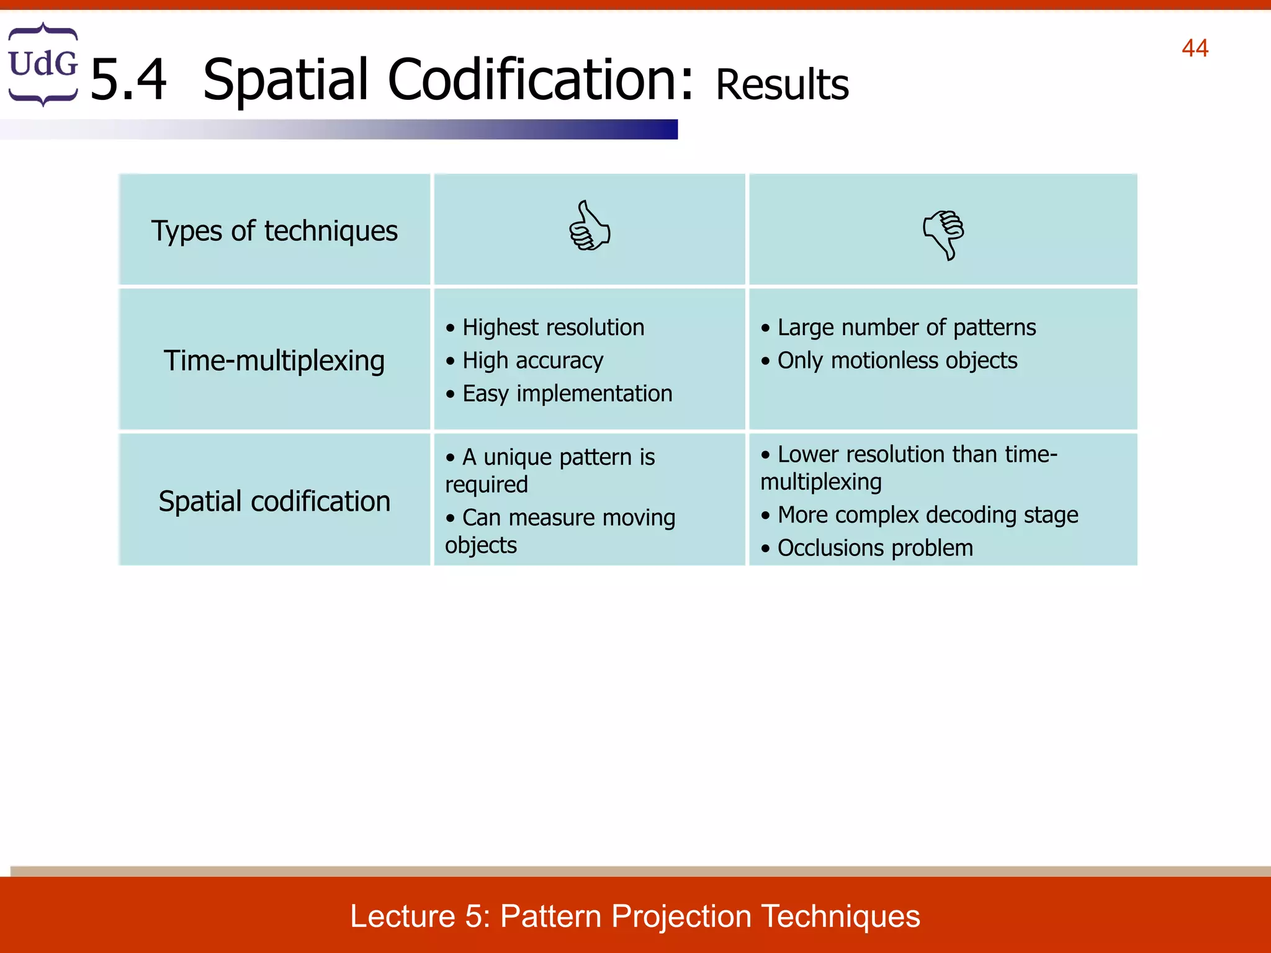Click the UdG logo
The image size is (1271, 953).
click(43, 64)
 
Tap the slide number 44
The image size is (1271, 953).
click(1194, 48)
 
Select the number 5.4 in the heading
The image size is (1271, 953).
click(128, 79)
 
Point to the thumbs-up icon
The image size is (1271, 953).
click(589, 226)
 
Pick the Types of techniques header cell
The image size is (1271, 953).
click(274, 231)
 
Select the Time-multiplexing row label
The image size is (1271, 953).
click(274, 360)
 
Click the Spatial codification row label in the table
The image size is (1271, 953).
click(274, 501)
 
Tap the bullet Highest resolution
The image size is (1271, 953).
click(552, 328)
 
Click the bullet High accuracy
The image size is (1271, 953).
click(532, 360)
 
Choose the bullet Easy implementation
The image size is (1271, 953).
click(567, 393)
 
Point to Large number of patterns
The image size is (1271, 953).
click(906, 328)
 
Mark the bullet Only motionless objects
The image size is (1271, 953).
click(897, 360)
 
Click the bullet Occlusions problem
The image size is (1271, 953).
click(874, 548)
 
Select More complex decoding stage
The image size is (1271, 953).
click(927, 515)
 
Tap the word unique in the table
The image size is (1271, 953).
click(517, 458)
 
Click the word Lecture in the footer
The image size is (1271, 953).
click(402, 916)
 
